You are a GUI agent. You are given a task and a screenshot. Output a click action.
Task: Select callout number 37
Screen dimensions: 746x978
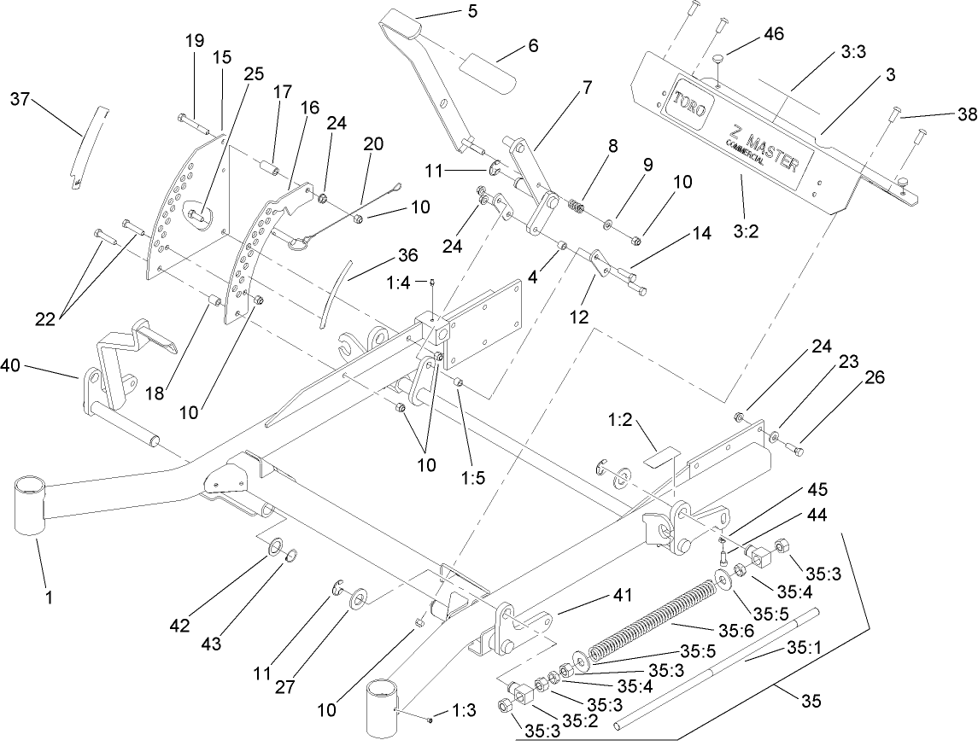click(20, 100)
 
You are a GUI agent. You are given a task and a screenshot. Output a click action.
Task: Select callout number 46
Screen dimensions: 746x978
click(774, 34)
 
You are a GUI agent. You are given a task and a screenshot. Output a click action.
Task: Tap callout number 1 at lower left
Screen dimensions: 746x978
click(49, 598)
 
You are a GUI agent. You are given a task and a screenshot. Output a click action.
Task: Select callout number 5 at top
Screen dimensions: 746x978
click(449, 12)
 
